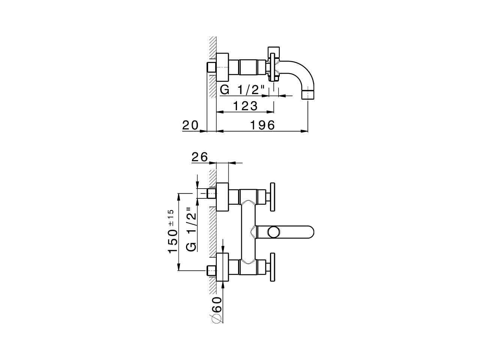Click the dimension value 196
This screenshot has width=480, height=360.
[263, 124]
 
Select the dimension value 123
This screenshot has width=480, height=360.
[245, 106]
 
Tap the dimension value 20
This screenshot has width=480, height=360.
[190, 125]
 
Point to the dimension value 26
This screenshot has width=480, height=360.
[199, 157]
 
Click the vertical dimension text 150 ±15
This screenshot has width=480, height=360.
[172, 232]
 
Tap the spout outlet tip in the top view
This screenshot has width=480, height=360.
[307, 94]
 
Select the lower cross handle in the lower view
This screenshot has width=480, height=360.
[273, 268]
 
